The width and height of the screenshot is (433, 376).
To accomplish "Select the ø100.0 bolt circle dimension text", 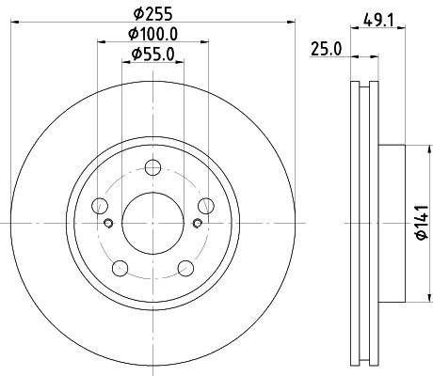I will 153,36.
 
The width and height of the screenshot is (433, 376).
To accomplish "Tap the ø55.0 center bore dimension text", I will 153,55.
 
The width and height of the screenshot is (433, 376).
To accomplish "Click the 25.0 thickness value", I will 326,49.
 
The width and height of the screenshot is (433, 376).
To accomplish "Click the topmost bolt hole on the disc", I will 153,168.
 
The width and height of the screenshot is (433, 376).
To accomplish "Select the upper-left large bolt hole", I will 99,207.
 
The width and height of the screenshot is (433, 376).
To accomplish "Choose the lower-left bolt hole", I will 120,270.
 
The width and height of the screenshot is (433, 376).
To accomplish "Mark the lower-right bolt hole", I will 187,270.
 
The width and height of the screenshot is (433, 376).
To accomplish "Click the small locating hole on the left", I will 110,223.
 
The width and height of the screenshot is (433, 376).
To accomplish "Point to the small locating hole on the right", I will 197,223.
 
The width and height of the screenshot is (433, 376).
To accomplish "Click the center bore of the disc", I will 153,223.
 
